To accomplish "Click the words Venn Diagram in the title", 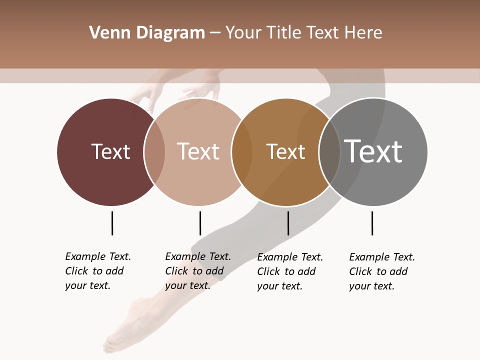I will (x=147, y=33).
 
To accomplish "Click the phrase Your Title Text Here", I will (x=303, y=33).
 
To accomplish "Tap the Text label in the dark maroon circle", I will (x=110, y=151).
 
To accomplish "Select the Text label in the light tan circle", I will (x=198, y=151).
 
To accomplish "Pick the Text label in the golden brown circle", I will (x=285, y=151).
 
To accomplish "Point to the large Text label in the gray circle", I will (x=373, y=151).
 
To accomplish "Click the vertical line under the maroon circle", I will (x=112, y=223).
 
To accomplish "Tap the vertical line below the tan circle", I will (x=200, y=223).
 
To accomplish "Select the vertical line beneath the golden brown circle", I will (x=288, y=223).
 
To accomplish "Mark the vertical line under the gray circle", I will (x=372, y=223).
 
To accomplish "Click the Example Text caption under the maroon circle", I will (x=98, y=271).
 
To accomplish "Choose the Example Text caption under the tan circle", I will (x=198, y=271).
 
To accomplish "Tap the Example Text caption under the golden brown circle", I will (x=290, y=271).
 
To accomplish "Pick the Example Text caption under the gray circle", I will (x=382, y=271).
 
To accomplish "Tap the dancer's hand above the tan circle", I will (x=202, y=90).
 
